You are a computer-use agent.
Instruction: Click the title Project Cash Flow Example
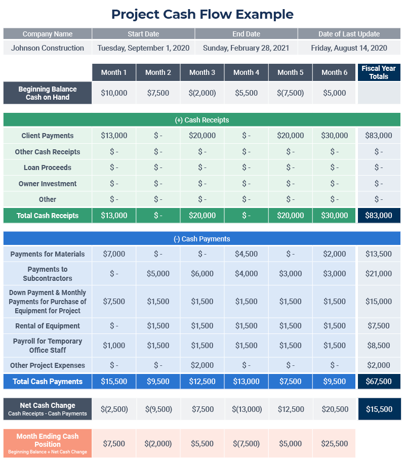(202, 14)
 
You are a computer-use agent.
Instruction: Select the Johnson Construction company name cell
(48, 48)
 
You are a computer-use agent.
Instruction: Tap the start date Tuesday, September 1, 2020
(143, 48)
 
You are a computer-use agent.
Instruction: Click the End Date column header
(246, 34)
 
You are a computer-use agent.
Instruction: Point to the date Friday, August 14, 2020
(349, 48)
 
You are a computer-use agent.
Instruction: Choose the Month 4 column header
(246, 72)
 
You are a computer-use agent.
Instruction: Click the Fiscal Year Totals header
(379, 72)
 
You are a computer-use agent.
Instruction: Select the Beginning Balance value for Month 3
(202, 93)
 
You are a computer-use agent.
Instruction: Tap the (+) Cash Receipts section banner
(201, 120)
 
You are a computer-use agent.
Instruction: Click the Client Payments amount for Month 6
(334, 136)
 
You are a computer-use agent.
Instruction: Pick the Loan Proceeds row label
(48, 167)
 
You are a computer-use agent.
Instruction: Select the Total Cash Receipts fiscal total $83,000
(379, 216)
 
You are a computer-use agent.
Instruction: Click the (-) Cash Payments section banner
(201, 239)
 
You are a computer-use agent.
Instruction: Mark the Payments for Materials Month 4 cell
(246, 254)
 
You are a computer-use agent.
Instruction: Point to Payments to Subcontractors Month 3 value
(202, 274)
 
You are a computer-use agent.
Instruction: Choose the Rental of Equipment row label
(48, 326)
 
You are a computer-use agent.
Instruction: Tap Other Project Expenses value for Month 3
(202, 365)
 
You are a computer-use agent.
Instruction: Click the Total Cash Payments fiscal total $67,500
(379, 382)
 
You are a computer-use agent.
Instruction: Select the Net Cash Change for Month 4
(247, 409)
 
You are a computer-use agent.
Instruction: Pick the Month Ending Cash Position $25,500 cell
(334, 444)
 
